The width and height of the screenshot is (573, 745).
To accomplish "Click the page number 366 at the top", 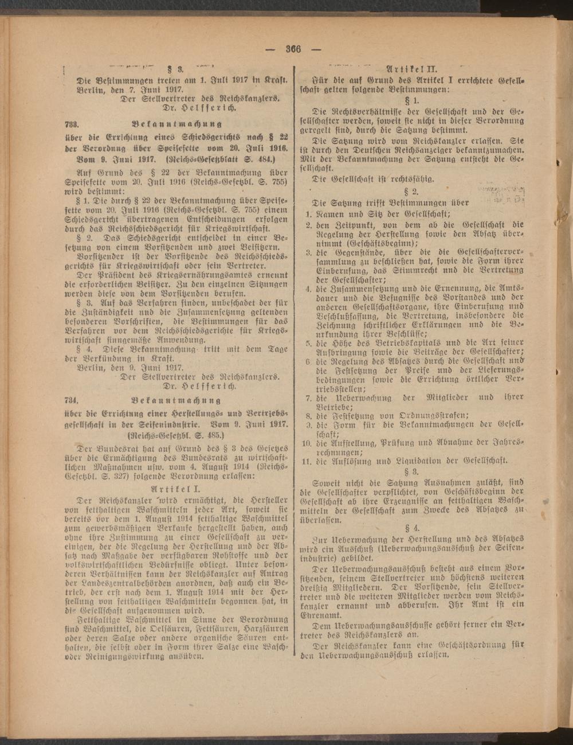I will click(293, 48).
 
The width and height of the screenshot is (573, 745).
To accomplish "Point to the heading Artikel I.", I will click(173, 489).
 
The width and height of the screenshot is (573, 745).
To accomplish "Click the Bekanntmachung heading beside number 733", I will click(176, 123).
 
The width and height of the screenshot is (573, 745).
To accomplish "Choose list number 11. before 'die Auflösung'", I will click(307, 461).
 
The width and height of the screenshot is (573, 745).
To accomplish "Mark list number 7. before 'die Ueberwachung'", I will click(308, 397).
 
